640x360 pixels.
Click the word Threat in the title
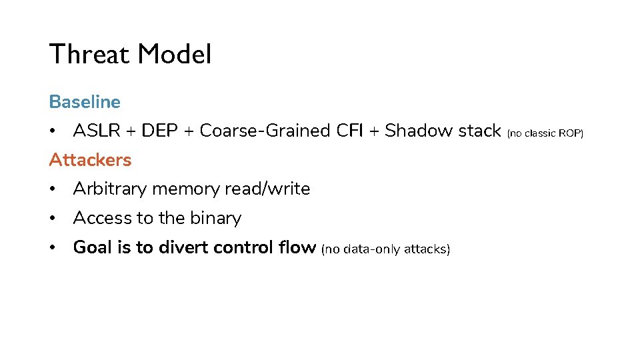[x=89, y=54]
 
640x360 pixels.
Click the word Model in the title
[x=175, y=54]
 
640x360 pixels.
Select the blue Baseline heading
[x=85, y=101]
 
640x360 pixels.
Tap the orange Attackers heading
[x=90, y=159]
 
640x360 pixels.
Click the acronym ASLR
[x=97, y=131]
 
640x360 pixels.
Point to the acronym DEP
[x=159, y=131]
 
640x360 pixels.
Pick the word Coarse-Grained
[x=265, y=131]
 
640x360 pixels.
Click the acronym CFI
[x=350, y=131]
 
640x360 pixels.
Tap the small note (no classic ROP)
[x=545, y=133]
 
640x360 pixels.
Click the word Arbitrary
[x=110, y=189]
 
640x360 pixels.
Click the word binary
[x=216, y=219]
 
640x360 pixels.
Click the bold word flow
[x=297, y=247]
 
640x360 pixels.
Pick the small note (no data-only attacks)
[x=386, y=249]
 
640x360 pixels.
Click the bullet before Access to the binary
[x=52, y=219]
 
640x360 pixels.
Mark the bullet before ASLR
[x=52, y=131]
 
